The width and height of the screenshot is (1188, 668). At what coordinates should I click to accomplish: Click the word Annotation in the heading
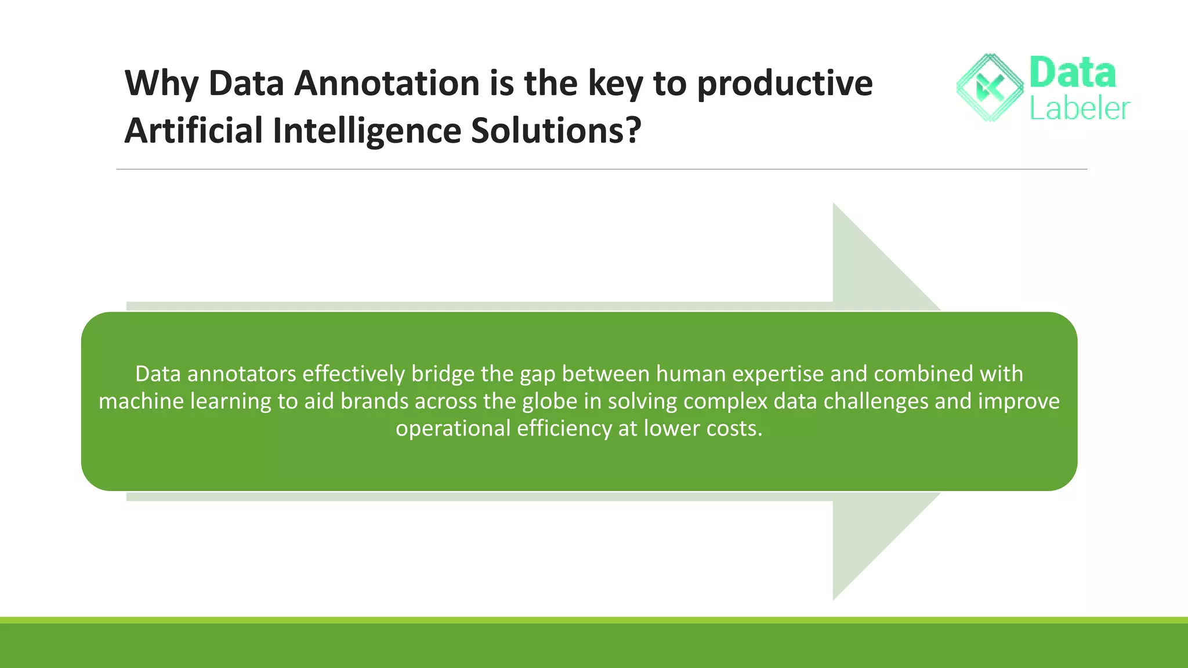(387, 83)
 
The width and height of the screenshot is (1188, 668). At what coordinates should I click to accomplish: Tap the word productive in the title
(784, 83)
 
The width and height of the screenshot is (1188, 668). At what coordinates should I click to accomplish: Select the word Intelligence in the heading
(367, 130)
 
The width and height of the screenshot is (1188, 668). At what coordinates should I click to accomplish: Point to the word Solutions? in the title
(556, 130)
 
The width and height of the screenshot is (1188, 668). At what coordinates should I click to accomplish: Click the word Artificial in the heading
(194, 130)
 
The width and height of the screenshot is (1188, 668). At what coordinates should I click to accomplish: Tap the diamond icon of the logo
(990, 88)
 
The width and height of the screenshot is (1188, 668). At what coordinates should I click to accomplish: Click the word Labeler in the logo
(1079, 108)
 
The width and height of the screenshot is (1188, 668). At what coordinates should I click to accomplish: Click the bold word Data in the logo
(1072, 73)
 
